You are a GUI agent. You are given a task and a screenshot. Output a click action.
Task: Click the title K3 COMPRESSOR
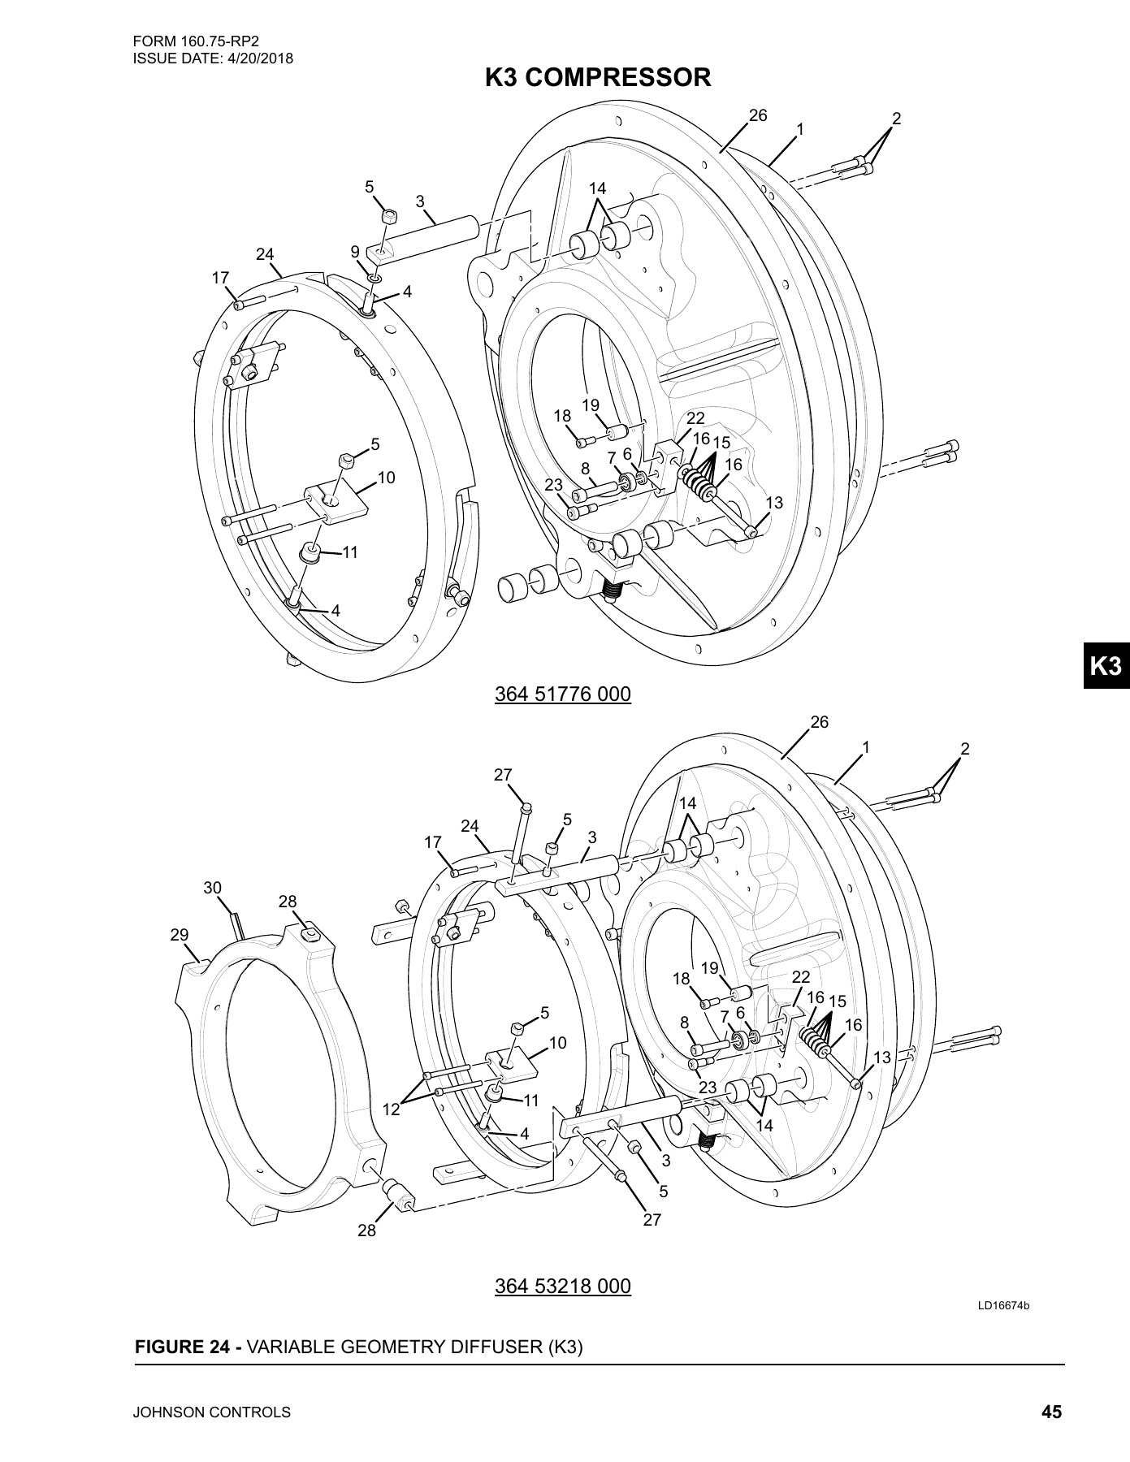pos(597,78)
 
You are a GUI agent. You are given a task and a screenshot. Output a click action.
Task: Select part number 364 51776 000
pos(562,694)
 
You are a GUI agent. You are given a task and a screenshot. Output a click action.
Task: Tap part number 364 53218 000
pos(562,1287)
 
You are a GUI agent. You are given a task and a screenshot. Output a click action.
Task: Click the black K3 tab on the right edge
pos(1106,666)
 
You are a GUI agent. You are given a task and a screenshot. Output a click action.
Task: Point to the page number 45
pos(1051,1412)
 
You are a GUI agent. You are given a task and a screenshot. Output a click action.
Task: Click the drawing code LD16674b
pos(1003,1329)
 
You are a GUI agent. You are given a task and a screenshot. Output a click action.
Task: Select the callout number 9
pos(355,251)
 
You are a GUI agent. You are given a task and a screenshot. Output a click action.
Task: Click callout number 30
pos(212,888)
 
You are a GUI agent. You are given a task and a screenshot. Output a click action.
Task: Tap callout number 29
pos(180,935)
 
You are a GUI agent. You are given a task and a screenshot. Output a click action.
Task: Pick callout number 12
pos(392,1109)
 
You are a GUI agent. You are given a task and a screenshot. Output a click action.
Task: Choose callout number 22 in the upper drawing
pos(695,418)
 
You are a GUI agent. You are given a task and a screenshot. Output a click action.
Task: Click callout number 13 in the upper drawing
pos(774,503)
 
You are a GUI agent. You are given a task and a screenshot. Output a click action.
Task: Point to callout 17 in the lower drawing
pos(432,842)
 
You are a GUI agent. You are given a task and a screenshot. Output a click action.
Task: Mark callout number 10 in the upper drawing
pos(386,478)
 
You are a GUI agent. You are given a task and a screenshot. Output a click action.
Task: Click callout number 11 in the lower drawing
pos(531,1101)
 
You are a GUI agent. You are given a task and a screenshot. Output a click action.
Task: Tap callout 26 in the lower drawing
pos(820,722)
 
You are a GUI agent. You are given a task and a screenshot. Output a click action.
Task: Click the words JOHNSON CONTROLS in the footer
pos(212,1412)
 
